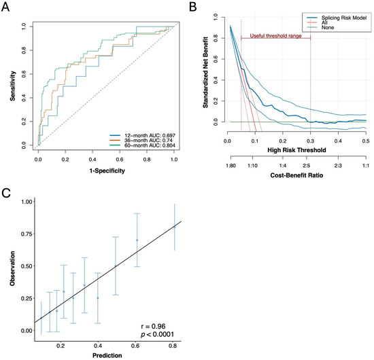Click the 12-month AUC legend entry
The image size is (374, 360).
pos(143,135)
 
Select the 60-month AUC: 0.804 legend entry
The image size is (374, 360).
pos(143,145)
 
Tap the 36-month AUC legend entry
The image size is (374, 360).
pos(141,141)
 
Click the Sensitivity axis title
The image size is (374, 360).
pos(13,86)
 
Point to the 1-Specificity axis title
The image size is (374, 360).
pos(107,170)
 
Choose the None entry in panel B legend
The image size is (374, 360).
pos(320,27)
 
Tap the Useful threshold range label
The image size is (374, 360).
pos(275,36)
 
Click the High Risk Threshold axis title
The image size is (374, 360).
pos(296,150)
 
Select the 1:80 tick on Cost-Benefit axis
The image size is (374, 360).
pos(231,166)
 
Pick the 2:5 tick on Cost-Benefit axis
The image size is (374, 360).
pos(307,166)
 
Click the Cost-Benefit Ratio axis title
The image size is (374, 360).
pos(296,175)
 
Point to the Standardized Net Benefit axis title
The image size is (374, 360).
pos(205,72)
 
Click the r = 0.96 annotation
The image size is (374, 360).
pos(153,327)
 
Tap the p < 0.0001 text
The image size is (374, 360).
pos(158,334)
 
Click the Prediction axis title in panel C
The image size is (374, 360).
pos(107,355)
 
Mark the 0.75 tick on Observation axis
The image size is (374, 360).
pos(27,234)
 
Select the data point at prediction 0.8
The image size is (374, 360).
pos(175,228)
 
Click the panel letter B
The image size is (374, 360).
pos(193,7)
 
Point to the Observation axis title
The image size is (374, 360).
pos(12,268)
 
